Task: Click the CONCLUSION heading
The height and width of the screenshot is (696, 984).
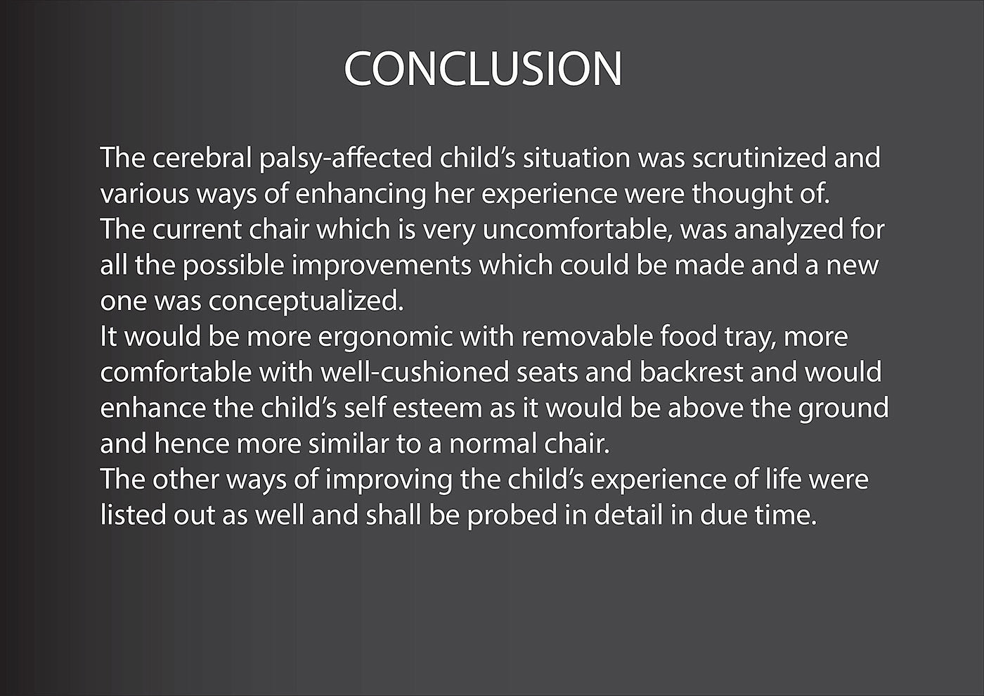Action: [x=483, y=69]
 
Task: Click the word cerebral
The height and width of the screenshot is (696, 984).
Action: [x=202, y=157]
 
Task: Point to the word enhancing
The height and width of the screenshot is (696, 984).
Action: [x=361, y=195]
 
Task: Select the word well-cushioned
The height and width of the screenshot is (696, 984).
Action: [x=414, y=373]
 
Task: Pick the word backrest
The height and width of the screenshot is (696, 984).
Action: [x=691, y=373]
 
